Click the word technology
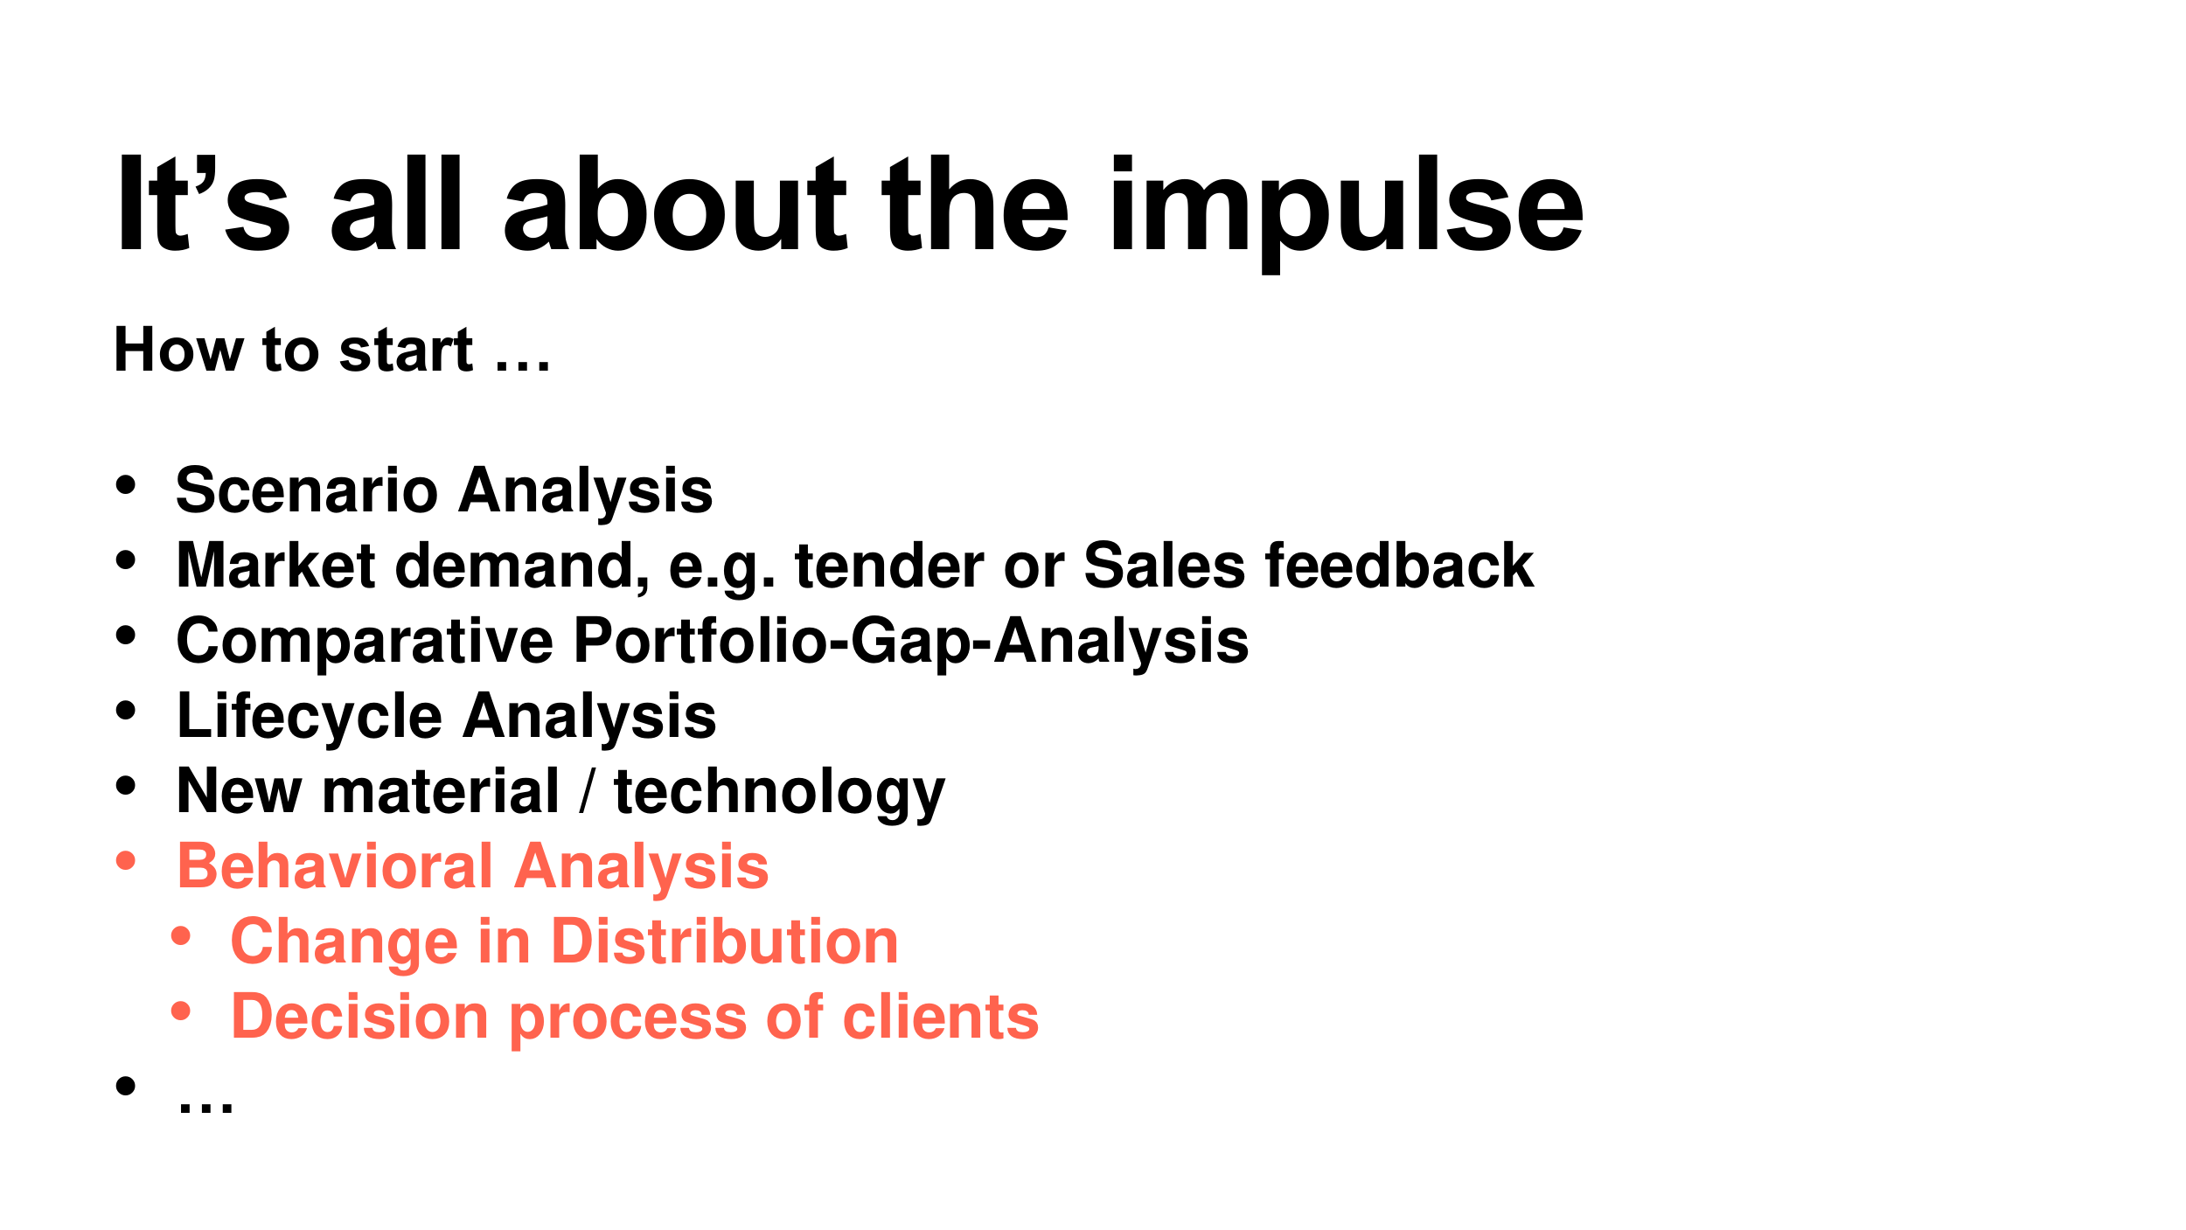tap(780, 793)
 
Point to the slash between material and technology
tap(587, 791)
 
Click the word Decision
tap(359, 1018)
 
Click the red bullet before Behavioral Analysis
tap(126, 861)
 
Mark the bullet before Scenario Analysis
tap(126, 485)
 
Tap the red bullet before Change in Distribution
tap(181, 936)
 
